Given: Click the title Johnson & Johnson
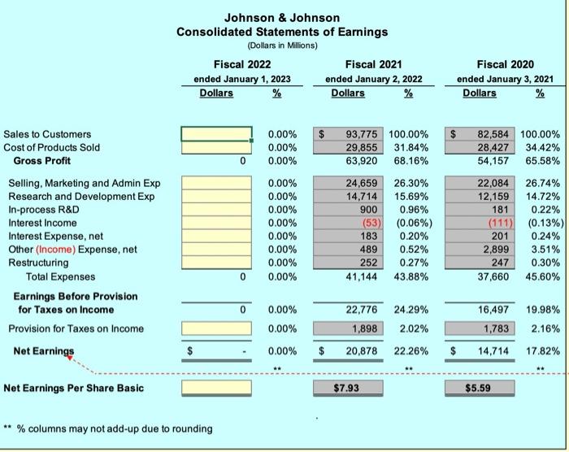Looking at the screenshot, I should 281,17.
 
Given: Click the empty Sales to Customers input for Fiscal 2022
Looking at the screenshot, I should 216,134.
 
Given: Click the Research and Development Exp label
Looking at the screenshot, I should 81,197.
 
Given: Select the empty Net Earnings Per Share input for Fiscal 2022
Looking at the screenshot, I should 216,388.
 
